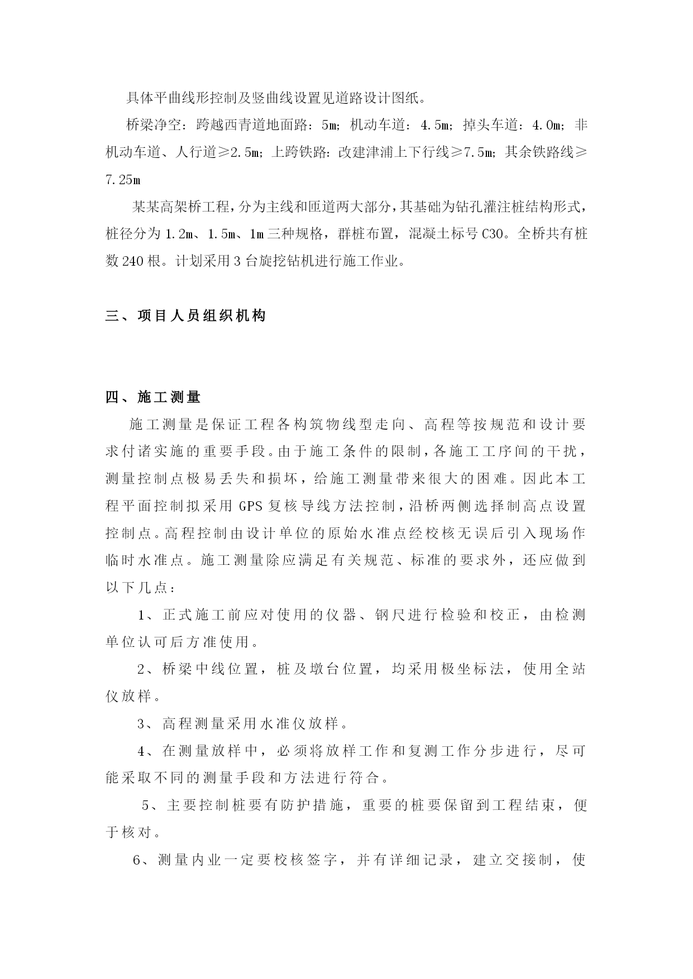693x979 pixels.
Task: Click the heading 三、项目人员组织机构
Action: pyautogui.click(x=185, y=316)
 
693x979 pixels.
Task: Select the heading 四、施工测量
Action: pyautogui.click(x=153, y=397)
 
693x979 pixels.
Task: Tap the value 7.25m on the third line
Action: pyautogui.click(x=123, y=180)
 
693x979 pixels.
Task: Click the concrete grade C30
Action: pyautogui.click(x=494, y=234)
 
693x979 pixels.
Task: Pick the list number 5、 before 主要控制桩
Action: pyautogui.click(x=153, y=805)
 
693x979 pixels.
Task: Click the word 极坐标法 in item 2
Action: pyautogui.click(x=474, y=669)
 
